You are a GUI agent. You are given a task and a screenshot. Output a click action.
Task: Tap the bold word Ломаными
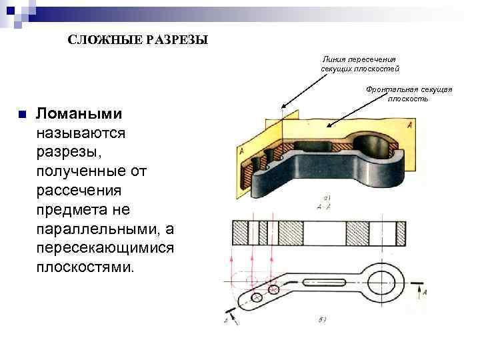click(x=79, y=114)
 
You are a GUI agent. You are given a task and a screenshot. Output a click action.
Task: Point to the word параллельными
click(x=100, y=229)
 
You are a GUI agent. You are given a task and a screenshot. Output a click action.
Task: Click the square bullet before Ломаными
click(x=22, y=114)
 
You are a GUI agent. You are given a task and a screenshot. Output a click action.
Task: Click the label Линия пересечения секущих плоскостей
click(x=360, y=64)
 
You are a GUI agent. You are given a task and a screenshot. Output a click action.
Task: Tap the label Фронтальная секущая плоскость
click(x=409, y=94)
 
